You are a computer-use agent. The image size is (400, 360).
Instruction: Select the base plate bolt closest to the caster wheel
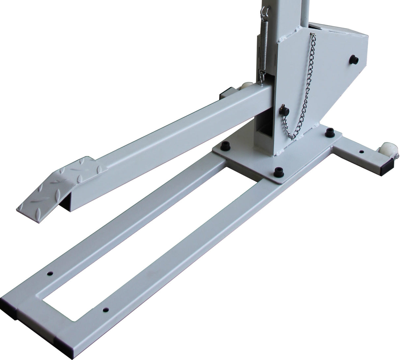point(329,133)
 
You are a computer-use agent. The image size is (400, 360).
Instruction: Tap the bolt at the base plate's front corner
point(277,171)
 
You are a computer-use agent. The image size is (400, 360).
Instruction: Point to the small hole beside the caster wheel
point(362,152)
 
